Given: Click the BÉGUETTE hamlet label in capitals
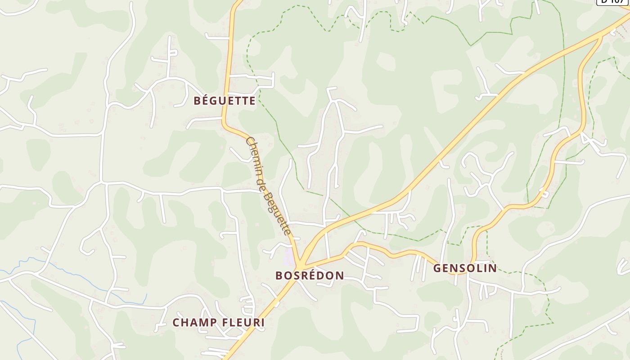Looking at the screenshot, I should click(x=225, y=101).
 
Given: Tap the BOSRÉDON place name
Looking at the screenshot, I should click(x=310, y=275).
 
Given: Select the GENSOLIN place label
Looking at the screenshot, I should click(x=465, y=269).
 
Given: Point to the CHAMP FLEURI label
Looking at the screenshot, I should click(x=219, y=323).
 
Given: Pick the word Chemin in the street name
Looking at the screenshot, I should click(x=255, y=154).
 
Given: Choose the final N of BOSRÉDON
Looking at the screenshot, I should click(x=340, y=275).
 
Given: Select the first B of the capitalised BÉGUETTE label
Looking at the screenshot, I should click(x=198, y=101).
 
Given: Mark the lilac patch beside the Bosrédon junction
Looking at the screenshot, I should click(x=288, y=258).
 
